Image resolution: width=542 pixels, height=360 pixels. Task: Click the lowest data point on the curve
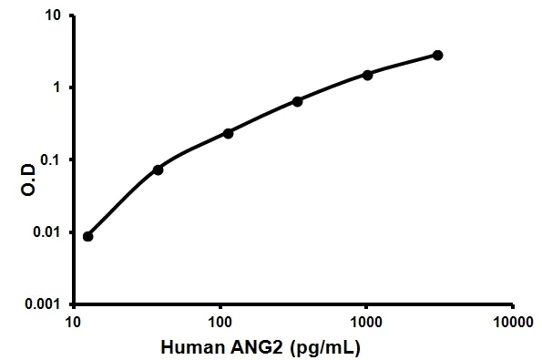pos(87,236)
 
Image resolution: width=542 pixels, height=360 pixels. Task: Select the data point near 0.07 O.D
pos(158,170)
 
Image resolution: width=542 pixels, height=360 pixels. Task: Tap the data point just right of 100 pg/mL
pos(228,133)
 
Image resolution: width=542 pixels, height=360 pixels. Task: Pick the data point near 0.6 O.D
pos(298,101)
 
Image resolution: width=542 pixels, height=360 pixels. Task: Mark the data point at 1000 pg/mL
pos(368,75)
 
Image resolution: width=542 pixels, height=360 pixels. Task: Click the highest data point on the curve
pos(437,56)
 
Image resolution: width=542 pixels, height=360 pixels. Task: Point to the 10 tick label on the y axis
pos(55,16)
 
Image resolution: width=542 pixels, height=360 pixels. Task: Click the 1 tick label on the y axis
pos(58,88)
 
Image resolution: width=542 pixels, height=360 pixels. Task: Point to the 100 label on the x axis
pos(220,322)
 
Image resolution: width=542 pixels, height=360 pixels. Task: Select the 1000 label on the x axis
pos(365,322)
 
